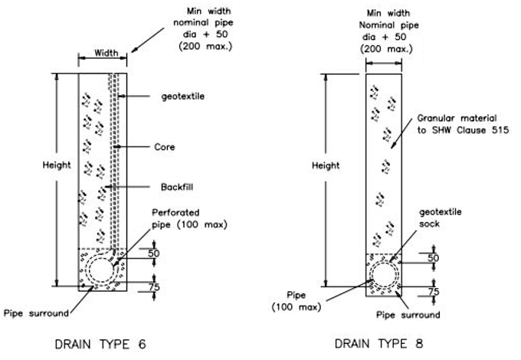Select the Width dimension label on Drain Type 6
tap(106, 54)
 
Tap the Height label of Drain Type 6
tap(57, 165)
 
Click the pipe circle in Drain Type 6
tap(101, 270)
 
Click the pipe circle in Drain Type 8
tap(384, 276)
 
